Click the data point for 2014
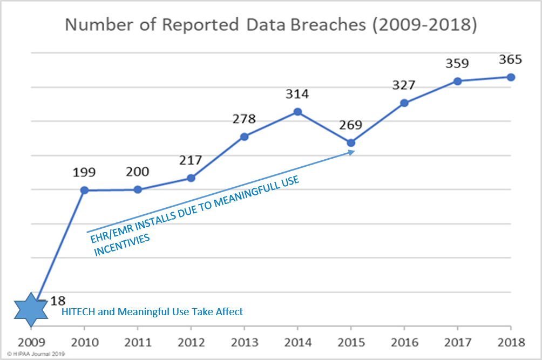click(x=297, y=112)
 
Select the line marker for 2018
click(x=511, y=77)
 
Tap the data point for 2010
click(x=84, y=190)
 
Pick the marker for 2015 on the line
click(x=351, y=143)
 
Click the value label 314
click(x=297, y=94)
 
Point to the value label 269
click(x=351, y=125)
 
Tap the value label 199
click(x=84, y=173)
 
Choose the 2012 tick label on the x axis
click(x=191, y=342)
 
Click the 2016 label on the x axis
click(x=404, y=342)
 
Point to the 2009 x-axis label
click(x=31, y=342)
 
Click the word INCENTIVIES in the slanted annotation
click(x=121, y=246)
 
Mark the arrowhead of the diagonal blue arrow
click(x=351, y=153)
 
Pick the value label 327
click(x=404, y=85)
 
